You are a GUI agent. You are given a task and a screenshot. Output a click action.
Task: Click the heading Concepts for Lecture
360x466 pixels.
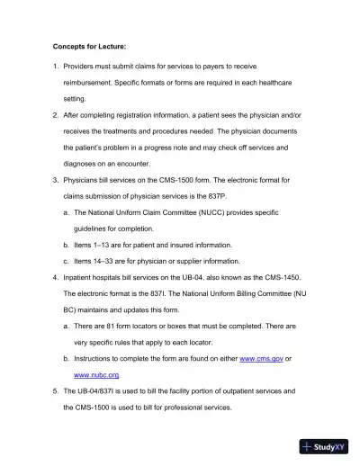tap(85, 43)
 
